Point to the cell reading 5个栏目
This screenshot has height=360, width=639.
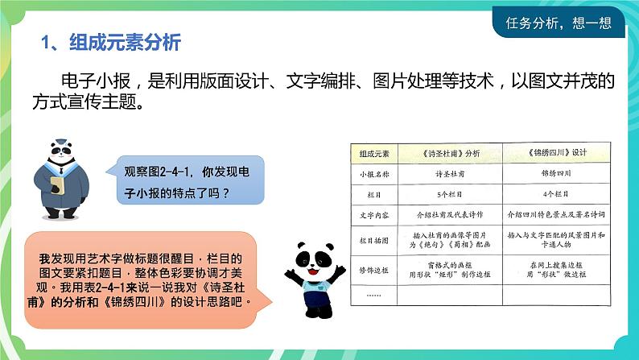coord(451,194)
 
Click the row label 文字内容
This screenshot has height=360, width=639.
coord(373,215)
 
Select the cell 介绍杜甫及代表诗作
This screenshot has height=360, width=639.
coord(451,215)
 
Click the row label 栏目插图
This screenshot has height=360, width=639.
coord(373,239)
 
